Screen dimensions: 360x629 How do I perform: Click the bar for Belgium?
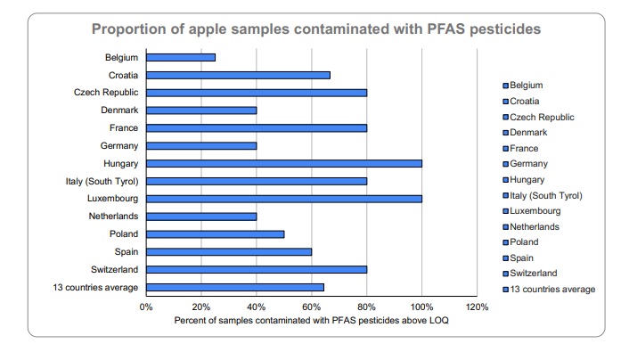click(x=181, y=57)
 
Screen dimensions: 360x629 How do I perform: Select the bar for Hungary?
click(x=284, y=163)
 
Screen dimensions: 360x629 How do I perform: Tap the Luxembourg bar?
click(x=284, y=199)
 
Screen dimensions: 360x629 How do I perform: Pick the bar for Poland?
click(x=216, y=233)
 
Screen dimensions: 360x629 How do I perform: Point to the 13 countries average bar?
click(x=235, y=287)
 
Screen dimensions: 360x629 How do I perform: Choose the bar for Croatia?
click(x=238, y=75)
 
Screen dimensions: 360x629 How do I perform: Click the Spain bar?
click(x=229, y=251)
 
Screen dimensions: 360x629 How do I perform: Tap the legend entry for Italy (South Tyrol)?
click(x=546, y=195)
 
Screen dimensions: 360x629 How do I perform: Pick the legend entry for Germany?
click(x=530, y=164)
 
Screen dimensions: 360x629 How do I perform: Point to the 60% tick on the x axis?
click(x=312, y=307)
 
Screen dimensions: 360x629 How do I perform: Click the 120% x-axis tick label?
click(x=477, y=307)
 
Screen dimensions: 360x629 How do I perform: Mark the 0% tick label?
click(x=147, y=307)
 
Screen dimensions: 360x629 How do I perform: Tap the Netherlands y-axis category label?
click(x=113, y=217)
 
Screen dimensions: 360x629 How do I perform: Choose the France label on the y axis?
click(x=123, y=128)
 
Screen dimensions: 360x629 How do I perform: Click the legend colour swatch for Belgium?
click(x=505, y=86)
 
